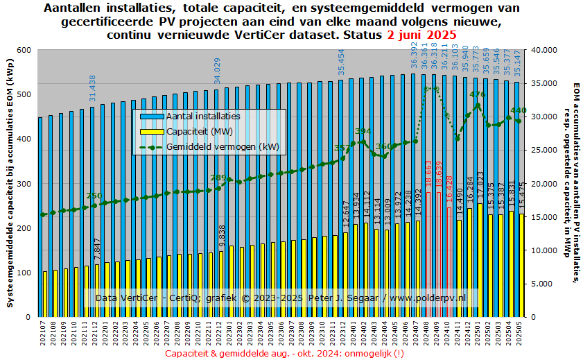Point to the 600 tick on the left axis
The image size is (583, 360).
pyautogui.click(x=24, y=50)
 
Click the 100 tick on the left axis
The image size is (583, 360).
pyautogui.click(x=24, y=273)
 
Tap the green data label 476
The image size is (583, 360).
pyautogui.click(x=477, y=95)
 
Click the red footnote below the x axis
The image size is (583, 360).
pyautogui.click(x=285, y=352)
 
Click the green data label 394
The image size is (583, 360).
pyautogui.click(x=363, y=131)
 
